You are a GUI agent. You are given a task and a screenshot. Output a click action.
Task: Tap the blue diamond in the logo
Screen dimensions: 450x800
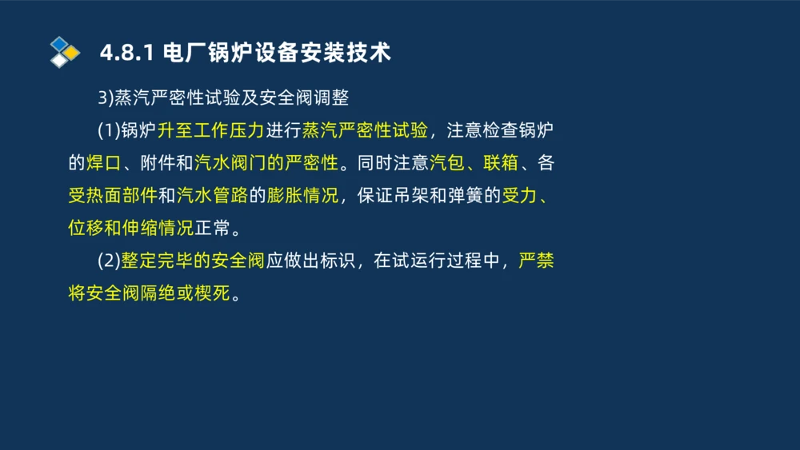(59, 43)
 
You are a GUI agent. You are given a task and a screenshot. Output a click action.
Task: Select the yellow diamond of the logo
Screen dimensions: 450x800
(72, 53)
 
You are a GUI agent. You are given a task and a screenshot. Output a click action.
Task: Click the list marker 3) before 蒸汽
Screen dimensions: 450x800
(106, 98)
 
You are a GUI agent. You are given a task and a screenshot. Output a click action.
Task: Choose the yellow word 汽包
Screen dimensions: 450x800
(446, 163)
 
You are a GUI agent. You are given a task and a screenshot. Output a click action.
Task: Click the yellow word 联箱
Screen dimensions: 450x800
(500, 163)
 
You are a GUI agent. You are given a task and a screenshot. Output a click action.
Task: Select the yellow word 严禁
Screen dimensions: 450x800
(535, 261)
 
